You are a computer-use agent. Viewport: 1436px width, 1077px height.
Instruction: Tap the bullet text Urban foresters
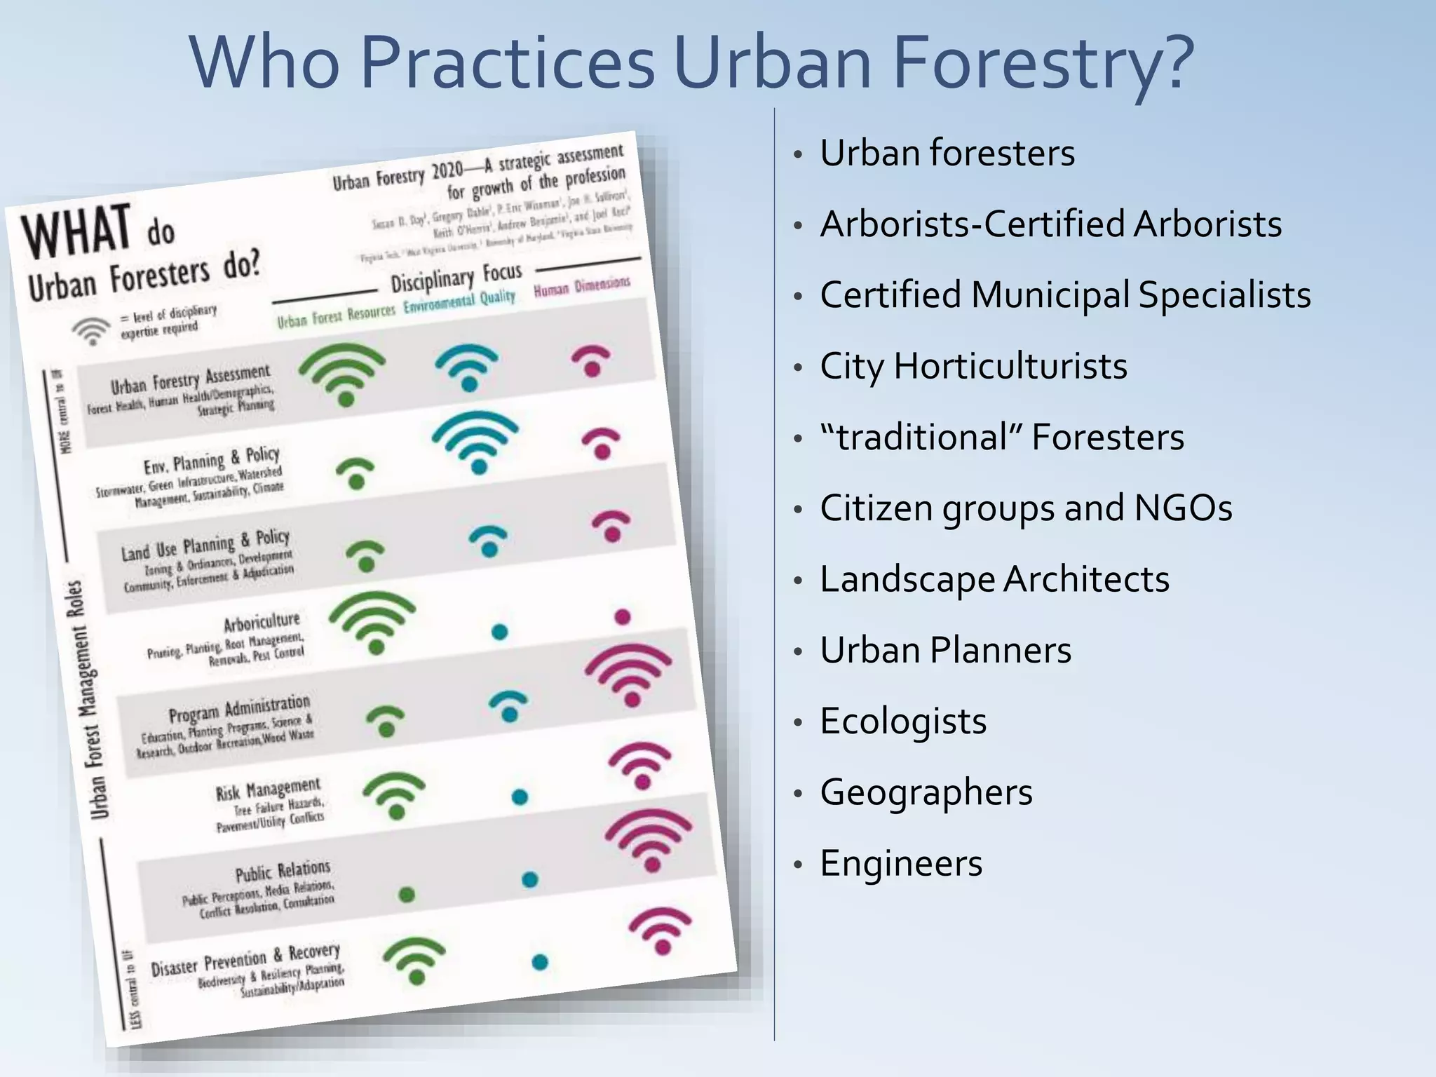[947, 153]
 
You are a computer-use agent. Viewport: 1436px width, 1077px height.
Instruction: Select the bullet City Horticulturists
[973, 366]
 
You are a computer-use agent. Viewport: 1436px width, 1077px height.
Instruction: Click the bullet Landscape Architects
[994, 579]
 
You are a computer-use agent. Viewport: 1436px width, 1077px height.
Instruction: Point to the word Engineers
[901, 863]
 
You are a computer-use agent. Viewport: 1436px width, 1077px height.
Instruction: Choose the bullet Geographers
[926, 792]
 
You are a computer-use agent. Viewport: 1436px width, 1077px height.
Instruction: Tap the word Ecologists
[903, 721]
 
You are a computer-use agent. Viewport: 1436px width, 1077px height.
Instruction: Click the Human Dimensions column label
[582, 287]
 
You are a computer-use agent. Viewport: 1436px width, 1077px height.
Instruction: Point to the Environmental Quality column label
[459, 302]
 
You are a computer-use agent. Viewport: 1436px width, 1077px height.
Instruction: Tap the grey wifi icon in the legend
[91, 330]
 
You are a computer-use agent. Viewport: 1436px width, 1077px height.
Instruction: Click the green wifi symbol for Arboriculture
[372, 621]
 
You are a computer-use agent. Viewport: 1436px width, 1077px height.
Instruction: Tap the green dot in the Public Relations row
[407, 894]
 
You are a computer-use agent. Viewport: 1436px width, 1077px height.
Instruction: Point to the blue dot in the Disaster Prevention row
[539, 962]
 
